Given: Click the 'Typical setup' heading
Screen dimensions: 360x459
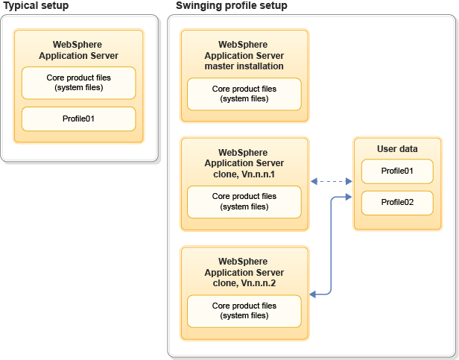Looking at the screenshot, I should (x=36, y=6).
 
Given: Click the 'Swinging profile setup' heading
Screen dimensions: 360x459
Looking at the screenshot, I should (x=231, y=6).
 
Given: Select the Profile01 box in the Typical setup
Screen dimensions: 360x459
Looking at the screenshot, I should (x=78, y=119).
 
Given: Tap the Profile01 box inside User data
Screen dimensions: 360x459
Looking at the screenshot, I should (x=396, y=171).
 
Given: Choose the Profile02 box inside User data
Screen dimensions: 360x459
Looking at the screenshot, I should (x=396, y=202).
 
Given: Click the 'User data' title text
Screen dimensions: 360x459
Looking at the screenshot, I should (x=397, y=149).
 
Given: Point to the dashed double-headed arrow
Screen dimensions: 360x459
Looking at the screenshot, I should (x=331, y=181).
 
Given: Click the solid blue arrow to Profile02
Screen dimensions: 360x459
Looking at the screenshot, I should (x=330, y=246).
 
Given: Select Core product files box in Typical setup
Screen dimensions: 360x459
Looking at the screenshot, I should (x=78, y=83).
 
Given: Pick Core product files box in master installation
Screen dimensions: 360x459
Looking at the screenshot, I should (x=244, y=94).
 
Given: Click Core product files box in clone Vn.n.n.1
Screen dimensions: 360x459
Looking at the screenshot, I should (x=244, y=201).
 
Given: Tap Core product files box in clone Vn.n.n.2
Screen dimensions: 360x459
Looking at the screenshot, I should (x=244, y=310).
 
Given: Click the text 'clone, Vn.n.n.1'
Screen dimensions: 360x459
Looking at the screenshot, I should (x=244, y=174).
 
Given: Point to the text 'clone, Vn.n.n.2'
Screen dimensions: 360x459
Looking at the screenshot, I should (x=244, y=282).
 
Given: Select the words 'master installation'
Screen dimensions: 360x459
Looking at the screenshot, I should (x=244, y=66).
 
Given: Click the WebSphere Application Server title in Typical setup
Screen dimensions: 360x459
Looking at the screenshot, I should (x=78, y=50).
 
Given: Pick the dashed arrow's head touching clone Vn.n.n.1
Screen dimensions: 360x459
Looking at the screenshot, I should (x=314, y=181).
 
